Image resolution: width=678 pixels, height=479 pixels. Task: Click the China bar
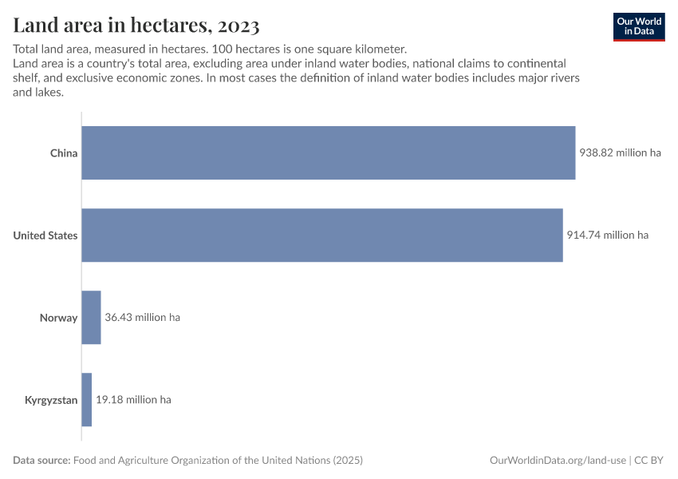point(328,152)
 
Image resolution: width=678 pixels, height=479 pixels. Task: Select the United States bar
point(322,236)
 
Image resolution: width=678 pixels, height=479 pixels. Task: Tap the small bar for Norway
point(91,318)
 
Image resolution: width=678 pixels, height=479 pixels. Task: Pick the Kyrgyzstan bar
point(87,400)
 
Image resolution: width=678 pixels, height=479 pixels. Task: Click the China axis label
point(64,153)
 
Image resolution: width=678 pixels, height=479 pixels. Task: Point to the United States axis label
point(45,236)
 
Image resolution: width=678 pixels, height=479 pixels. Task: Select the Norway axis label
point(59,318)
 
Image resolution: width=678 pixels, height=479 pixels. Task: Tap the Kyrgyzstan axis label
point(51,400)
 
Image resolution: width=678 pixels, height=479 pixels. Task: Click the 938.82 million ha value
point(621,153)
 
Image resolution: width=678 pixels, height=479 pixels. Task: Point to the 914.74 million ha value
point(608,236)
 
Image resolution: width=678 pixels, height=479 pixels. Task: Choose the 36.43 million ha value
point(143,318)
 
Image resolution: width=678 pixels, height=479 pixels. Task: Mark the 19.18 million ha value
point(133,400)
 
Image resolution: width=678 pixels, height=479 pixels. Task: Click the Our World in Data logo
point(639,26)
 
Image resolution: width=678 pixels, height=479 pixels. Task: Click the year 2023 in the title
point(236,26)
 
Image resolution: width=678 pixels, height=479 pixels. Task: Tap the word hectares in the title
point(165,26)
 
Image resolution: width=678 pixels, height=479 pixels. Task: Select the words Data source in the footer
point(41,461)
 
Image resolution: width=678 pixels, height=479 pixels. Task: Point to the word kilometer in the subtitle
point(378,49)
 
